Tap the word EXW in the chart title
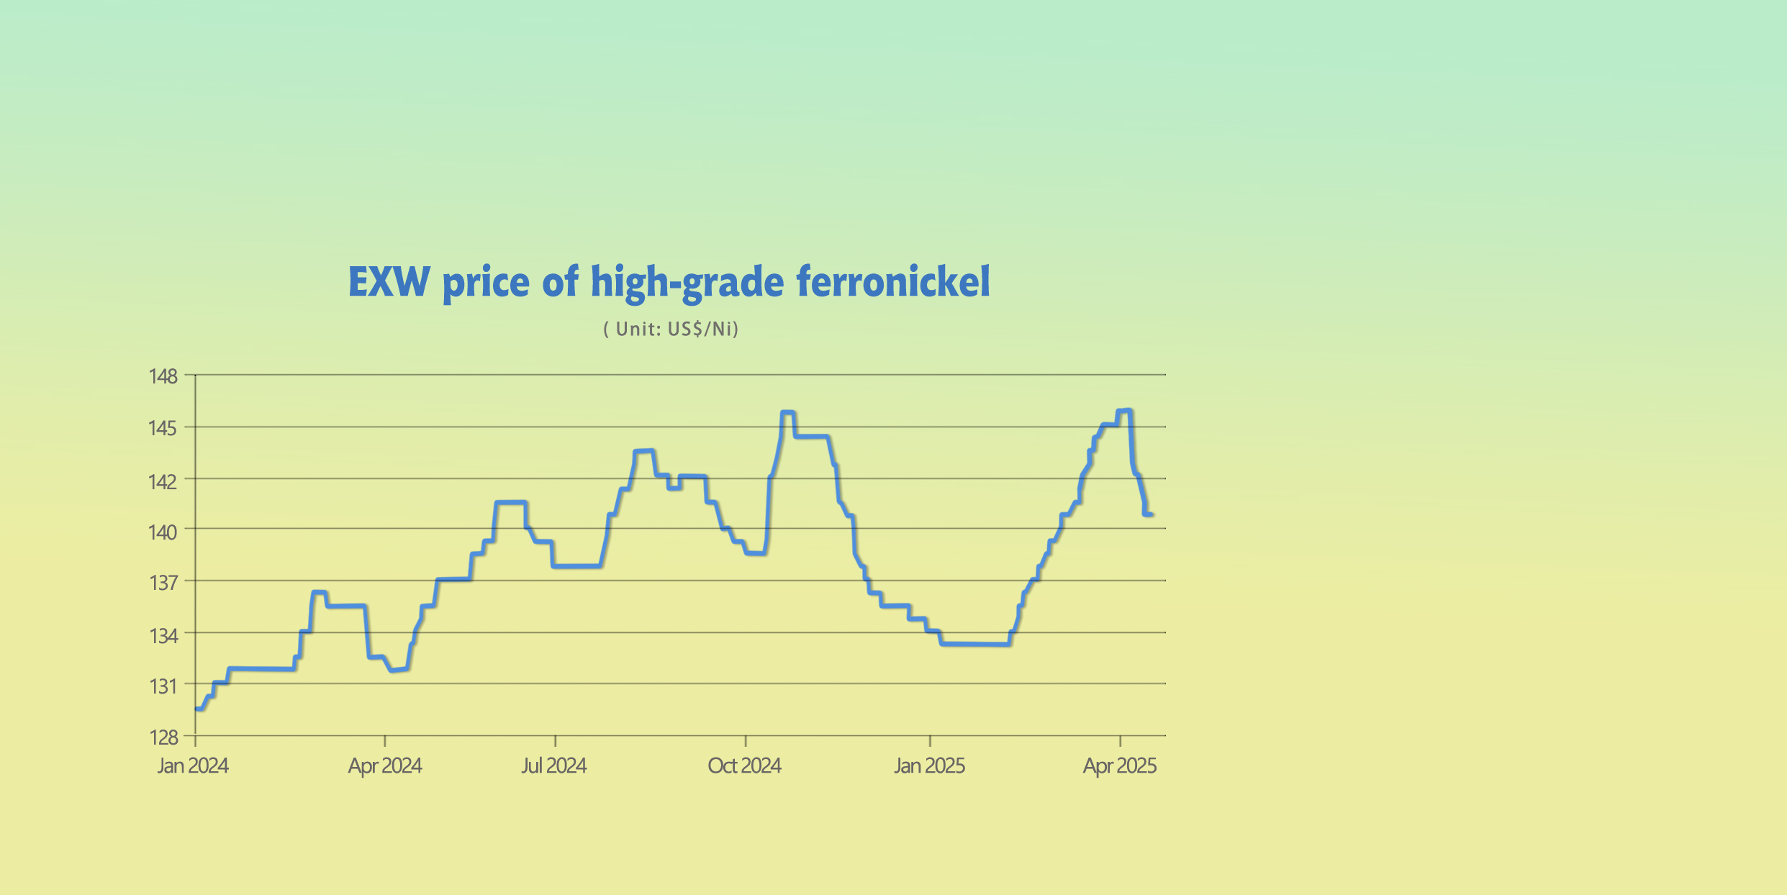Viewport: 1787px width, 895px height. [x=389, y=282]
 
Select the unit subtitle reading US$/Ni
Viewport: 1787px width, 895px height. [x=671, y=330]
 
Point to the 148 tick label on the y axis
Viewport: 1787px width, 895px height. [x=163, y=376]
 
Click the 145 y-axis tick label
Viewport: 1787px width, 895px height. [x=163, y=428]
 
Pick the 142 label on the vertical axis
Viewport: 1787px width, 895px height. [x=163, y=481]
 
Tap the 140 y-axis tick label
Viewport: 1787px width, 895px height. [x=163, y=532]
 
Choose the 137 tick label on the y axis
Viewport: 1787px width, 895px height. [x=163, y=582]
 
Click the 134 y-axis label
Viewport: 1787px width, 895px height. [x=163, y=635]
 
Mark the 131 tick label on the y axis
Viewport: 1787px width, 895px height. [x=163, y=686]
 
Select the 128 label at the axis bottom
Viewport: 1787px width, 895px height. [x=163, y=737]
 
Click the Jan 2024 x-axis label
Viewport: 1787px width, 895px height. [x=193, y=765]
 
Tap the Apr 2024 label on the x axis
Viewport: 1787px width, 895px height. [x=385, y=765]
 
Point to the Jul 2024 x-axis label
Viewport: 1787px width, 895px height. [x=554, y=765]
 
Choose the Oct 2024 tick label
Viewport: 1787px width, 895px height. [x=745, y=765]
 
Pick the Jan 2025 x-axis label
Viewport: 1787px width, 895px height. [x=929, y=765]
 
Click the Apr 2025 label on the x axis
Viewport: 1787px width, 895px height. [x=1120, y=765]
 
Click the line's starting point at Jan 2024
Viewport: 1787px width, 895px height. [x=196, y=709]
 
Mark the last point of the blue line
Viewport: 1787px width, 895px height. [x=1152, y=514]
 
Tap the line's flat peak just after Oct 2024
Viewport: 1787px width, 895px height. [x=787, y=413]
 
